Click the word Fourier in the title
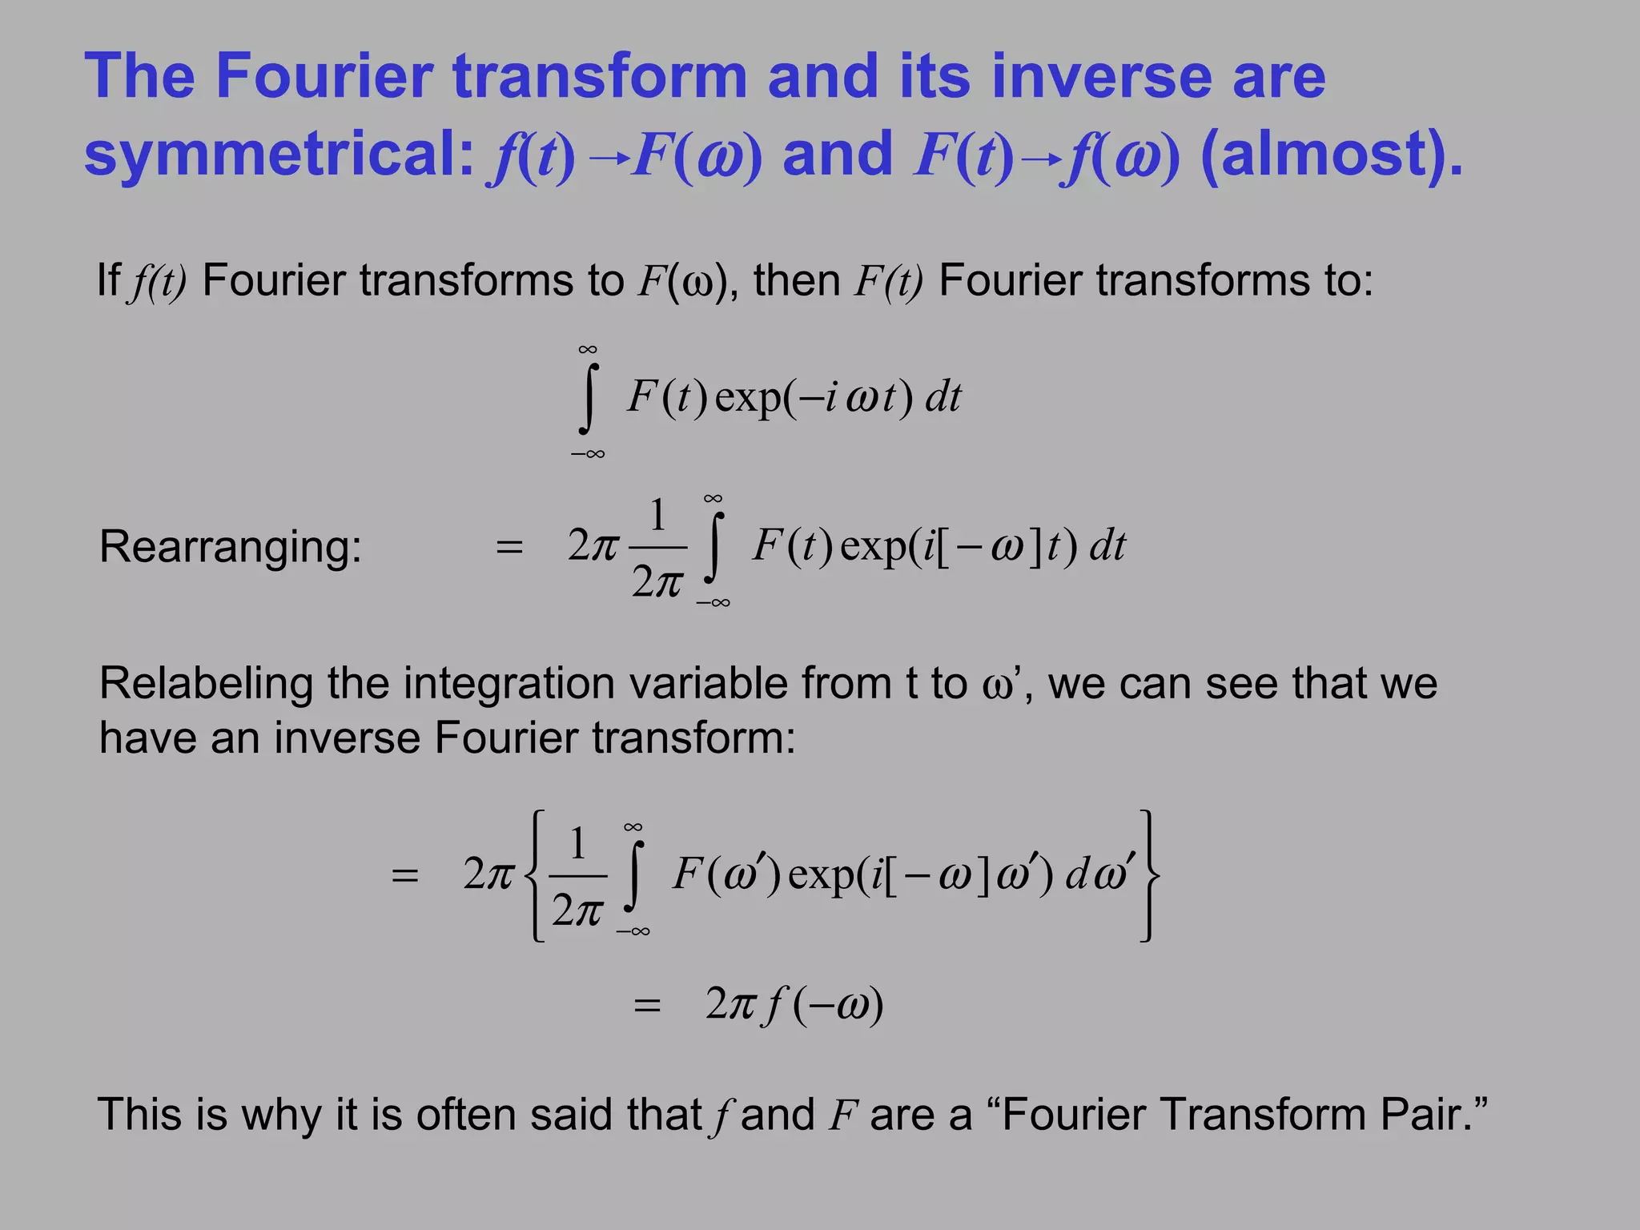321,76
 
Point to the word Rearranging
231,547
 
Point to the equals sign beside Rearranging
509,549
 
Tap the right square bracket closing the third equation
1148,875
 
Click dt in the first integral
943,397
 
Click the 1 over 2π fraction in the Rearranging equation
657,549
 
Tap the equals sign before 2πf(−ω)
647,1006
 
